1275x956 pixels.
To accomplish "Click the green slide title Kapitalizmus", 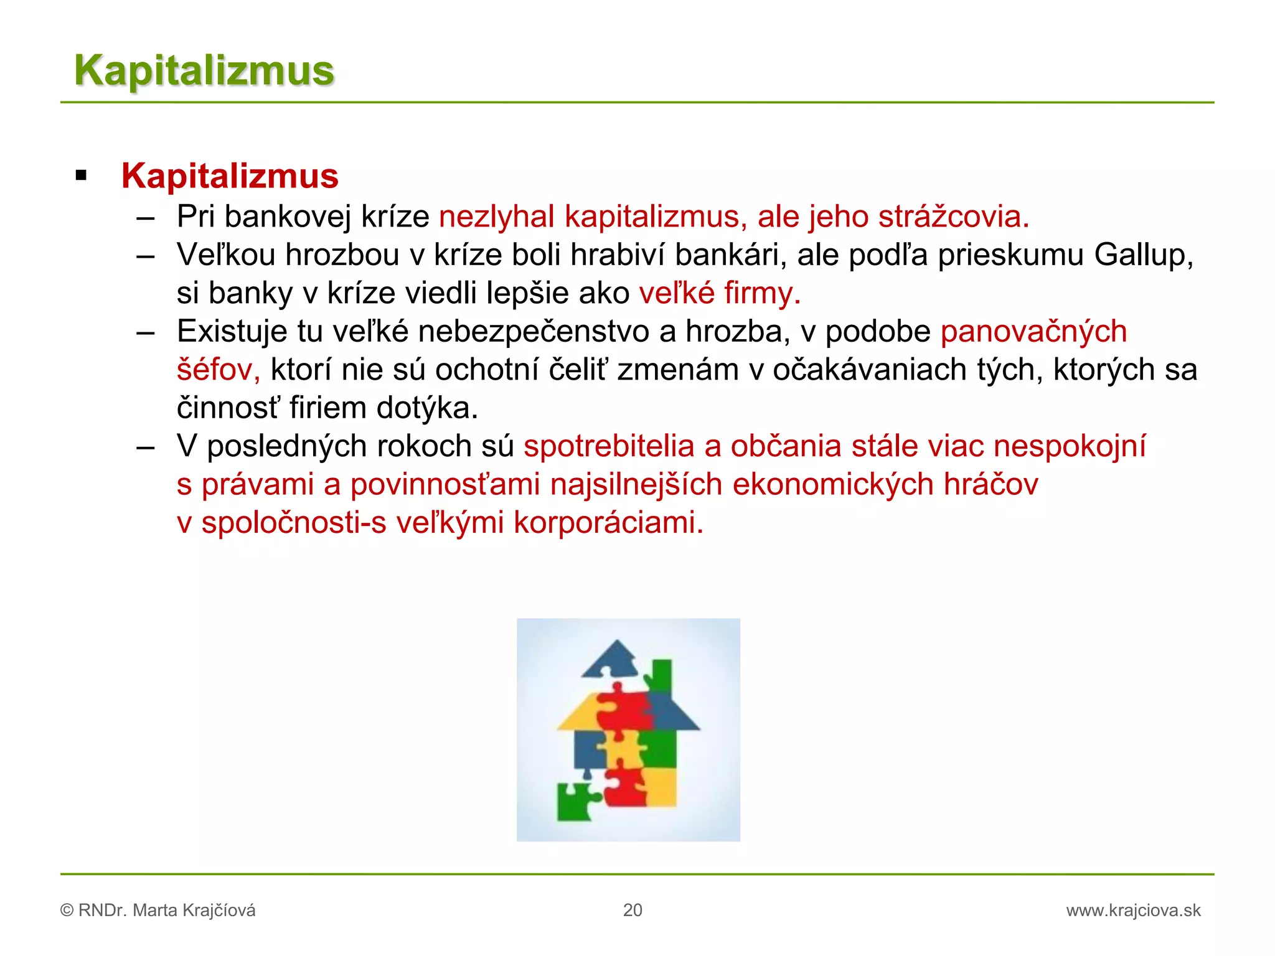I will click(204, 70).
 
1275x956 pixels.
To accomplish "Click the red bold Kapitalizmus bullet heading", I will click(230, 176).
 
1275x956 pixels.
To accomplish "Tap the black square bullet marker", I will click(81, 176).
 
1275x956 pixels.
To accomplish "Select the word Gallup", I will click(1144, 255).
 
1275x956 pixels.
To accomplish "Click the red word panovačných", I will click(1033, 331).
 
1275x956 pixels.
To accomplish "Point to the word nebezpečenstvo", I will click(534, 331).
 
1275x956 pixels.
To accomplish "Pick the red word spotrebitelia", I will click(609, 446).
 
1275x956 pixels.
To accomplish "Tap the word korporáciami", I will click(608, 523).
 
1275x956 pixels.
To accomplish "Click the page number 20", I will click(633, 910).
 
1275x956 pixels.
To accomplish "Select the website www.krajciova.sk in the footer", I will click(1133, 911).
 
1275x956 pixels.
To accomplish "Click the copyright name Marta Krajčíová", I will click(194, 911).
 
